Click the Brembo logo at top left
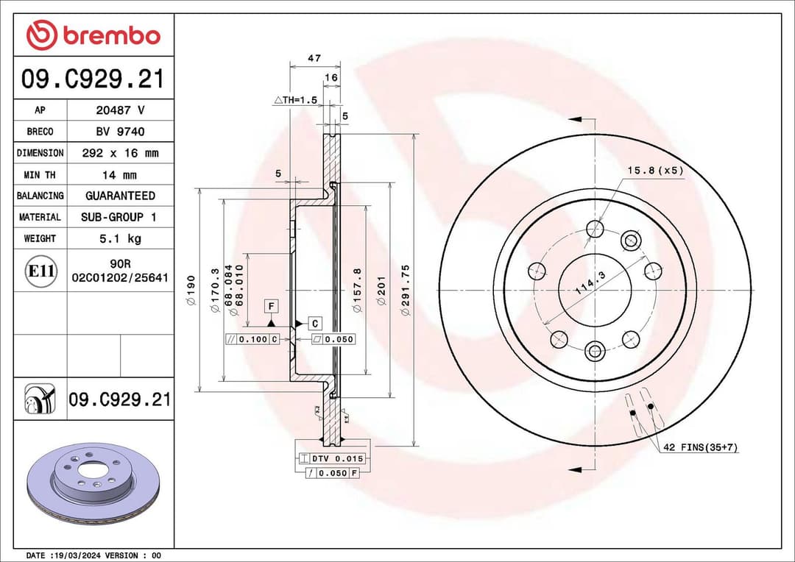point(93,35)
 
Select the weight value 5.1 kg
point(120,238)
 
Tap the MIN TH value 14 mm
point(120,175)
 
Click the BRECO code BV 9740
point(120,132)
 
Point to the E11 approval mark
point(40,271)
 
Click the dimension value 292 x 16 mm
point(120,153)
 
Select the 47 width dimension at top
point(314,57)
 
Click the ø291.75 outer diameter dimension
point(406,291)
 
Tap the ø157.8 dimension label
point(358,291)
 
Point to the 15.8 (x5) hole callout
point(655,171)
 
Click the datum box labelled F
point(272,305)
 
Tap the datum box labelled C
point(314,323)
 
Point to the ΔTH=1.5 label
point(295,99)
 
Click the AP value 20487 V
point(120,110)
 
